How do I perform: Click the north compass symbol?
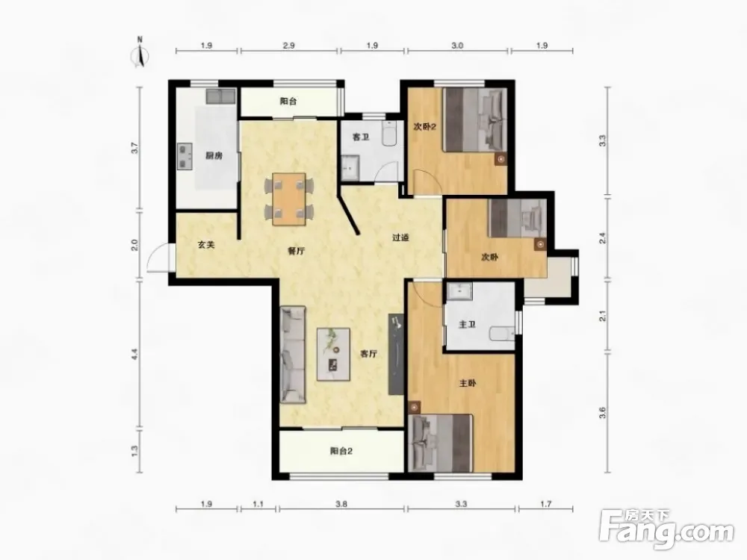tap(140, 54)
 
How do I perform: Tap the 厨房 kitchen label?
tap(214, 156)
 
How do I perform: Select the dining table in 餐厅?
tap(289, 199)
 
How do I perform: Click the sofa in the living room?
tap(293, 355)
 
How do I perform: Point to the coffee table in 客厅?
tap(334, 354)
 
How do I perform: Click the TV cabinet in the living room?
tap(397, 353)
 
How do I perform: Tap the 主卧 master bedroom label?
tap(468, 383)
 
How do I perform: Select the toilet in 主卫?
tap(502, 333)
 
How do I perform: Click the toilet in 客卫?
tap(390, 134)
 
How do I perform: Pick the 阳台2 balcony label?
tap(341, 451)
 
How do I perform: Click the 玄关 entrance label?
tap(206, 245)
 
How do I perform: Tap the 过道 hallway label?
tap(400, 237)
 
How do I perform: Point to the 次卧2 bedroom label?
tap(425, 127)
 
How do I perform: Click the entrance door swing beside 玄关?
tap(159, 258)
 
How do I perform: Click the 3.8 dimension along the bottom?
tap(341, 504)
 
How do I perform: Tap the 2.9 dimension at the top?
tap(288, 46)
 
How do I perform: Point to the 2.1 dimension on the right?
tap(603, 316)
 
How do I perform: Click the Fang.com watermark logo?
tap(666, 528)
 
